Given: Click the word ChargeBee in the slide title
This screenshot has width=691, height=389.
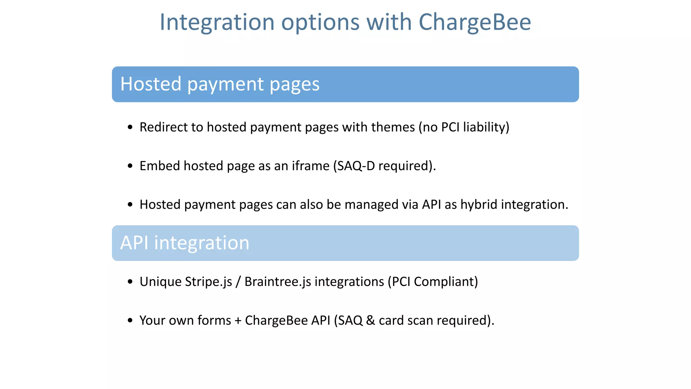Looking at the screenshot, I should pyautogui.click(x=475, y=22).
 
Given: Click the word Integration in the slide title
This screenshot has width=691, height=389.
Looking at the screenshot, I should pyautogui.click(x=217, y=22).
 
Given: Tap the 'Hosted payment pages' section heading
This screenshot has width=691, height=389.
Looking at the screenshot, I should pyautogui.click(x=220, y=84).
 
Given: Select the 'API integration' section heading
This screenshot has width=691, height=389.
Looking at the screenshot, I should pyautogui.click(x=185, y=243).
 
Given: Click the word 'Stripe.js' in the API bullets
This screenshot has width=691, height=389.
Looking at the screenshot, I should pyautogui.click(x=209, y=282).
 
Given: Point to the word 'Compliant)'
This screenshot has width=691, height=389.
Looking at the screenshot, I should pyautogui.click(x=446, y=282).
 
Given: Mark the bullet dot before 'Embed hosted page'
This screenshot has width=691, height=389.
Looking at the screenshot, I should pyautogui.click(x=130, y=166).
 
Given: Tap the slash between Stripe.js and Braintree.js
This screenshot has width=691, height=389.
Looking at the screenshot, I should pyautogui.click(x=238, y=282).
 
